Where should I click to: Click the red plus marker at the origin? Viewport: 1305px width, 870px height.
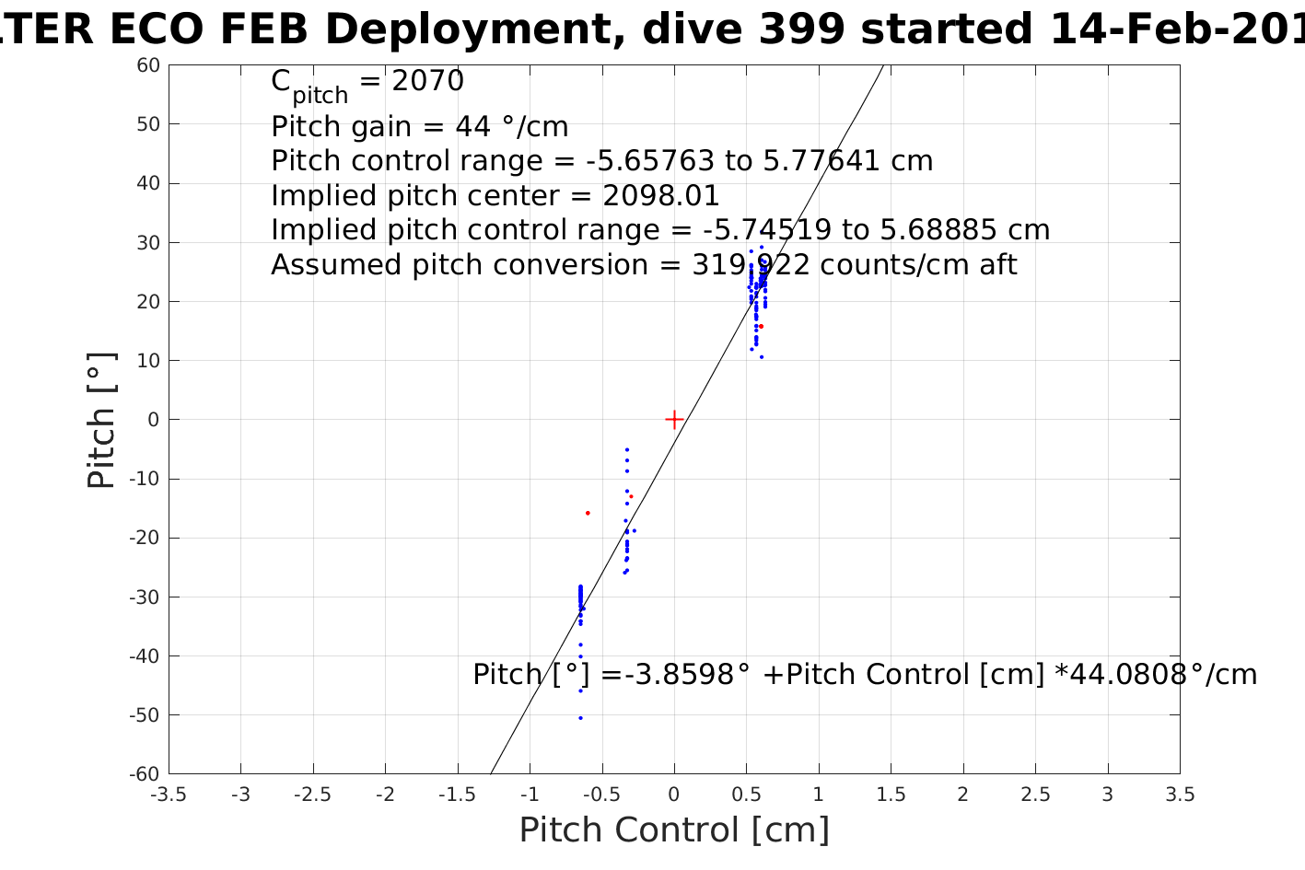(x=674, y=420)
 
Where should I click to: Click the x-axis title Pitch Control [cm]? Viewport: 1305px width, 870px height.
(x=674, y=829)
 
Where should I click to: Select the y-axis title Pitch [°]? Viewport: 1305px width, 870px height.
(x=101, y=420)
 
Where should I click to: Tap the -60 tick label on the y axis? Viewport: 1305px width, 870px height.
(x=144, y=774)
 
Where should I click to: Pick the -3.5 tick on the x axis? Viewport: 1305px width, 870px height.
(x=168, y=795)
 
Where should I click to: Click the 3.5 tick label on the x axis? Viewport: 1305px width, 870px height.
(x=1180, y=795)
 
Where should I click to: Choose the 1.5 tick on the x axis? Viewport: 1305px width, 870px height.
(x=891, y=795)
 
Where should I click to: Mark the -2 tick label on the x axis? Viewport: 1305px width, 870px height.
(x=385, y=795)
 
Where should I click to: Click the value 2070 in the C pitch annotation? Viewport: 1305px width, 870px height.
(x=428, y=81)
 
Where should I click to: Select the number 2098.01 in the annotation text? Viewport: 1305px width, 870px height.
(x=661, y=196)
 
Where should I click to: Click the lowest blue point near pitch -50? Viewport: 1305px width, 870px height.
(x=580, y=718)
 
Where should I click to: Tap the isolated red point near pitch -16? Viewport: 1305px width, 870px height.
(x=588, y=513)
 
